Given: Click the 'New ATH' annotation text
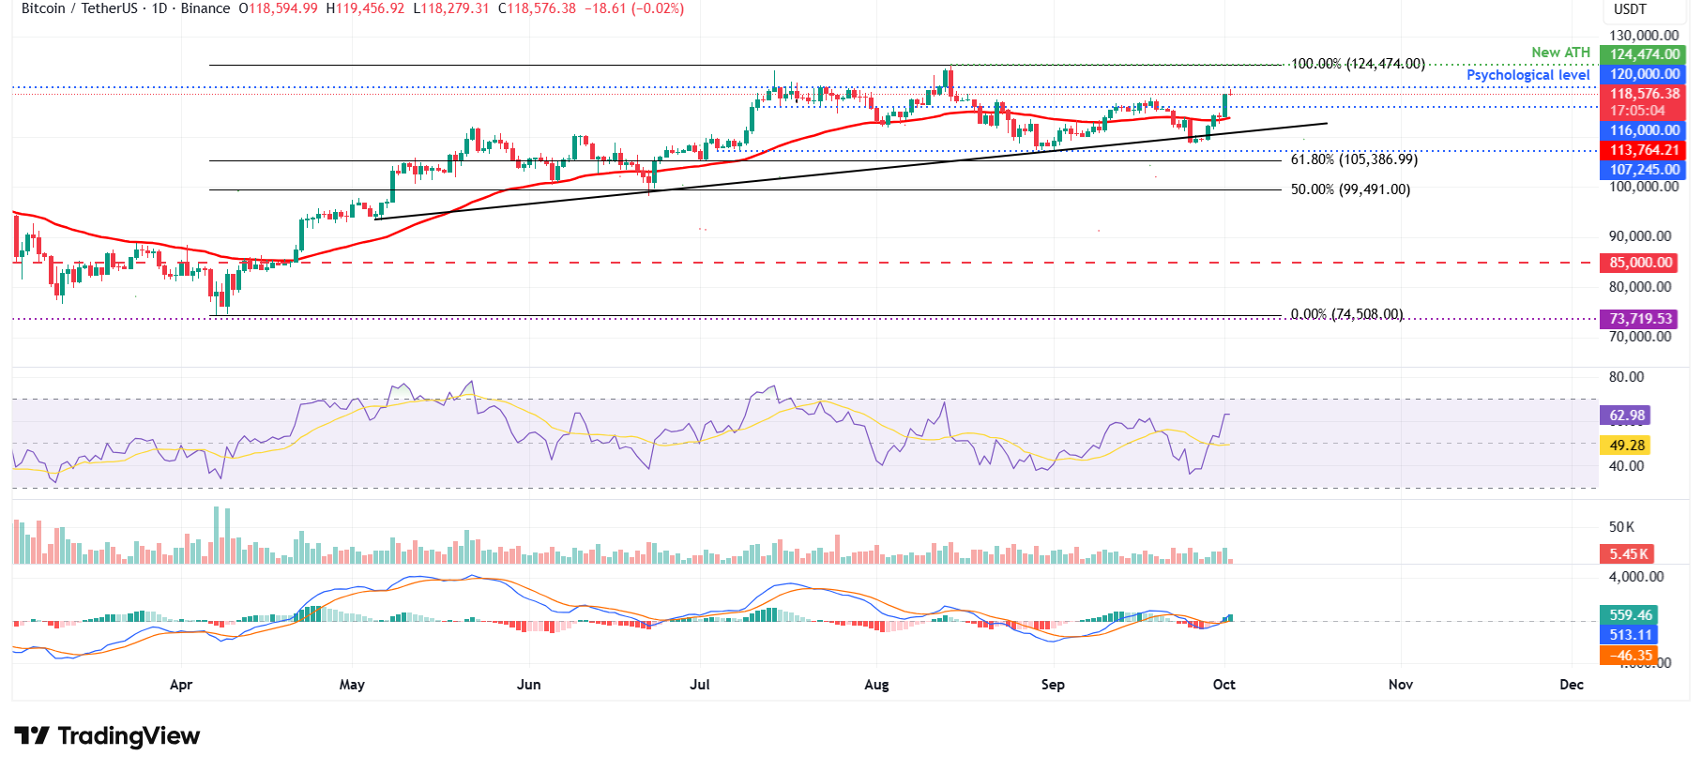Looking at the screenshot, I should [x=1560, y=53].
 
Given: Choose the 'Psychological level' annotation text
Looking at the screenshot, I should [x=1527, y=75].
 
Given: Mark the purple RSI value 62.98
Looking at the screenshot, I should [x=1627, y=416].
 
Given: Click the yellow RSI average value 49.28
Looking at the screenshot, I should [x=1627, y=446].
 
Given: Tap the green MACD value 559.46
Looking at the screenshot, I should [x=1630, y=615].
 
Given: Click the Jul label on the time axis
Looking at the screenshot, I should [x=700, y=685].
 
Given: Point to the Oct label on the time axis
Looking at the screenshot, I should [x=1223, y=685].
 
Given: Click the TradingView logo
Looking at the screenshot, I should [x=107, y=736].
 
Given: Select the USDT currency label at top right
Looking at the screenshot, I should [x=1630, y=9].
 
